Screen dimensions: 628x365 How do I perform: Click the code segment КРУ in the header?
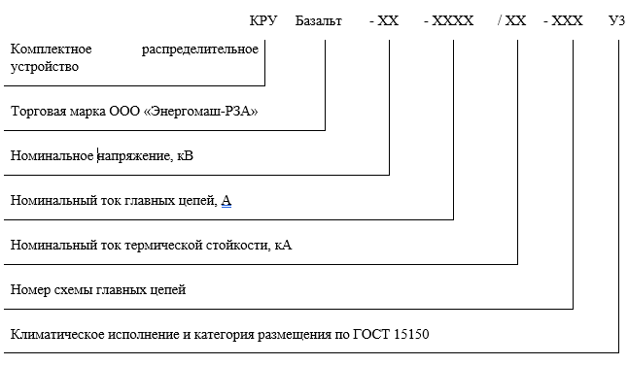pos(263,19)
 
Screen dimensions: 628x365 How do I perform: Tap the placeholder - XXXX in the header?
pos(449,19)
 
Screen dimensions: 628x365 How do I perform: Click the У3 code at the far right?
pos(615,19)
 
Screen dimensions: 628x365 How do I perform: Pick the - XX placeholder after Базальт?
pos(385,19)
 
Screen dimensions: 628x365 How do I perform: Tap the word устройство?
pos(44,67)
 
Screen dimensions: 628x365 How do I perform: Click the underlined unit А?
pos(227,201)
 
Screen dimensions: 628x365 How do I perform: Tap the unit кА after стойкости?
pos(284,246)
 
